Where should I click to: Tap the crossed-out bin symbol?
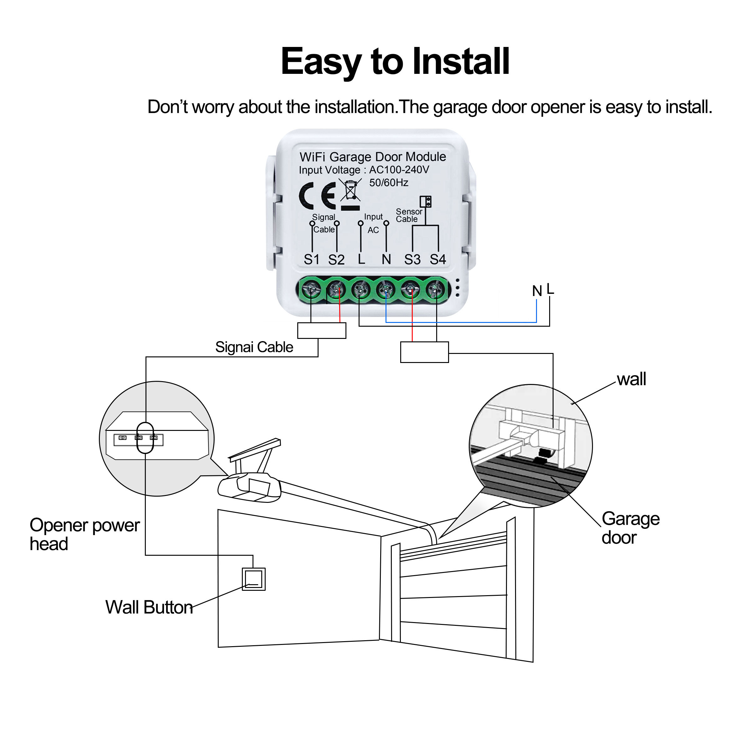tap(350, 191)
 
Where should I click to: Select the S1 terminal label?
tap(312, 259)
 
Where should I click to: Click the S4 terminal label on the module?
tap(438, 259)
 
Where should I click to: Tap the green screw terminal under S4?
tap(436, 289)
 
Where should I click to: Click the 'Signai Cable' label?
tap(254, 347)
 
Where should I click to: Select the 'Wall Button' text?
tap(149, 608)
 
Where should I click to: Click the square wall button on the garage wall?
tap(253, 579)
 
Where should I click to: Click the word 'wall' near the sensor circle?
tap(631, 379)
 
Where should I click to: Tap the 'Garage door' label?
tap(630, 528)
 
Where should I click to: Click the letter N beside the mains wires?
tap(537, 291)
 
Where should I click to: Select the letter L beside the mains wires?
tap(550, 289)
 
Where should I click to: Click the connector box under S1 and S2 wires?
tap(321, 331)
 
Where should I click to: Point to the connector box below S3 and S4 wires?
tap(425, 352)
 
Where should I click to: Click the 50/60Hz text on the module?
tap(388, 183)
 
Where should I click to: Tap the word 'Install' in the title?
tap(461, 61)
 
